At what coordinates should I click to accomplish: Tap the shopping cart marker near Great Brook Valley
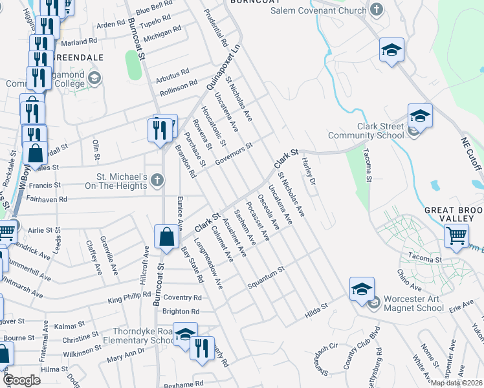[457, 237]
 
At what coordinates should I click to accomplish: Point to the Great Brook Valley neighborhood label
[454, 215]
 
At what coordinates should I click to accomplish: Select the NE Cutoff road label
[472, 155]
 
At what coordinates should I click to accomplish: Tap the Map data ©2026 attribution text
[457, 383]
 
